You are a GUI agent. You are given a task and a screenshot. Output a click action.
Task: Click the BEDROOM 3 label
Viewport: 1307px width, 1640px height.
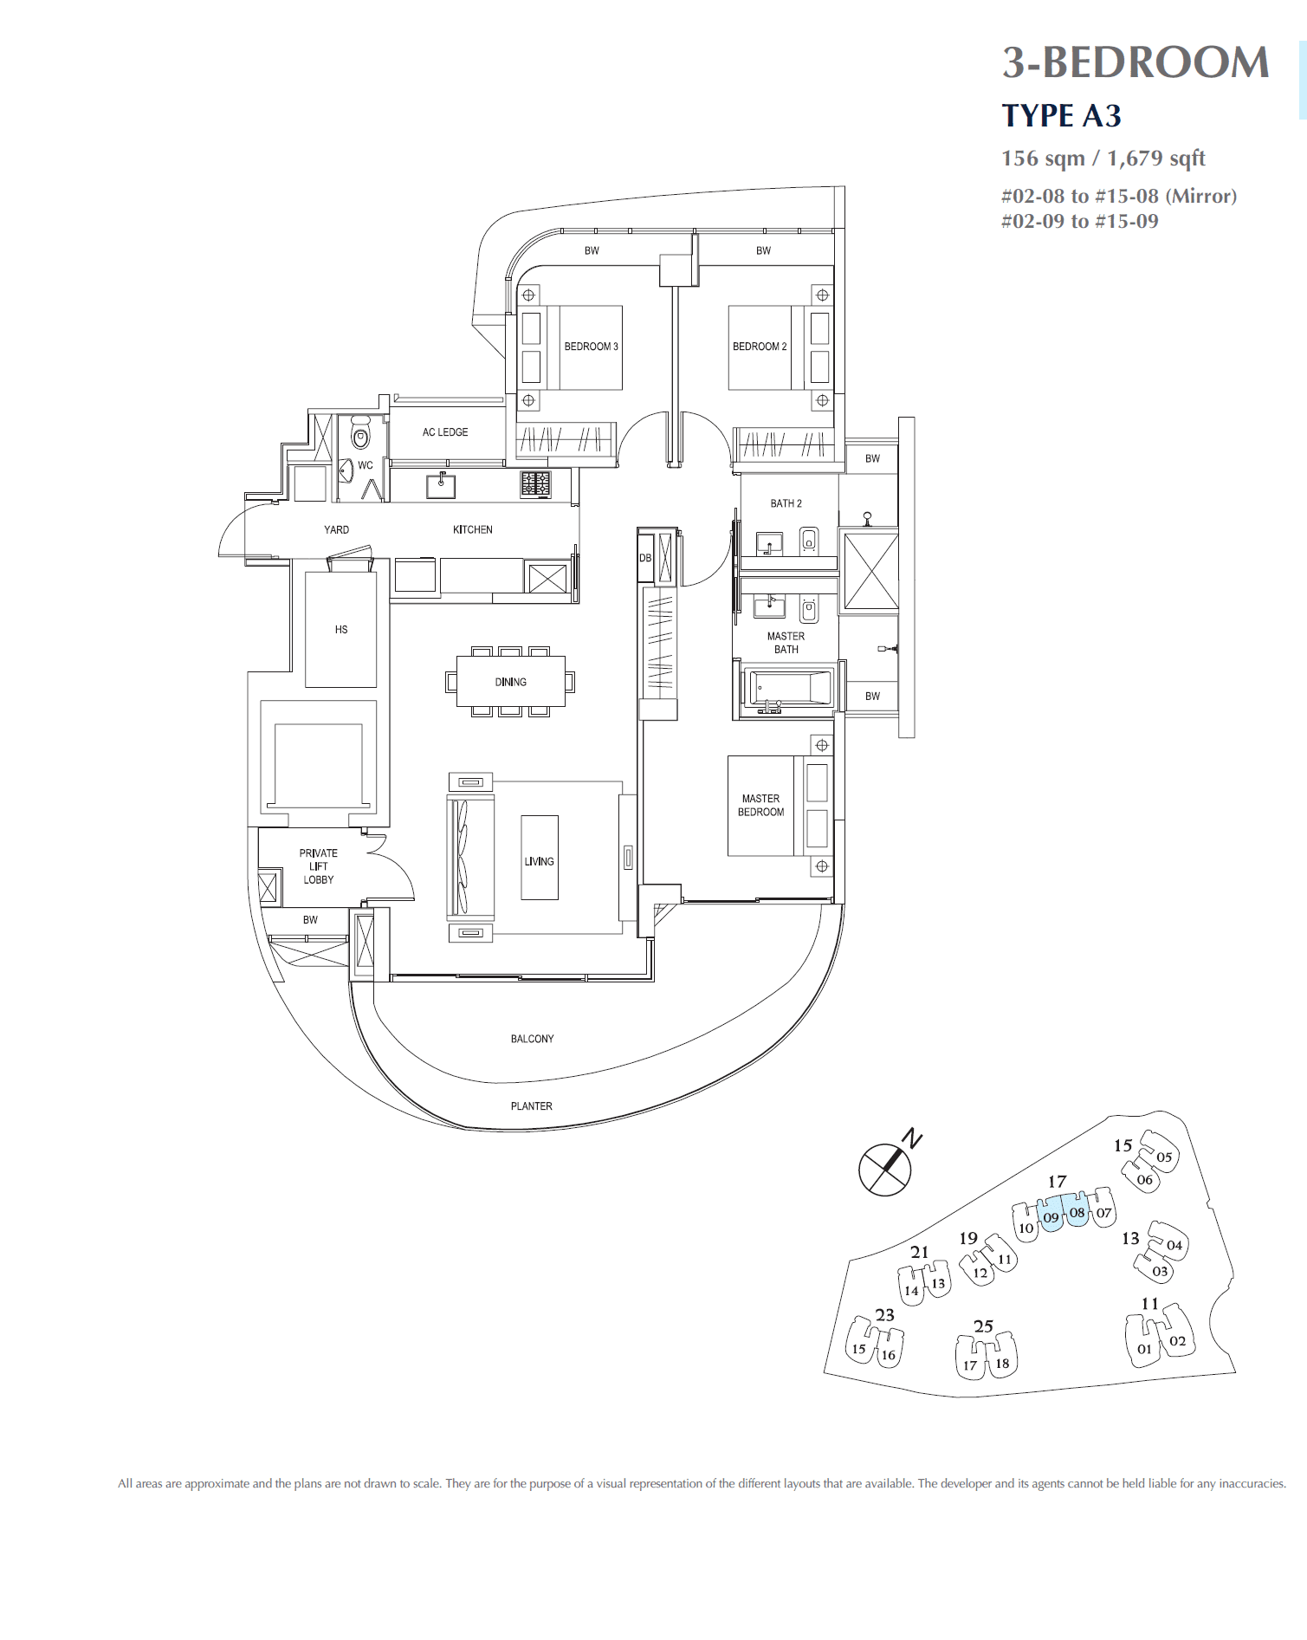tap(591, 347)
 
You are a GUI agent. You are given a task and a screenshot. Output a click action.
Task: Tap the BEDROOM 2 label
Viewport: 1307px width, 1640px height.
tap(760, 347)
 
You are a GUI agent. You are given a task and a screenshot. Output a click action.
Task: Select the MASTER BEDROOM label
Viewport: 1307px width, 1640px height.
tap(760, 806)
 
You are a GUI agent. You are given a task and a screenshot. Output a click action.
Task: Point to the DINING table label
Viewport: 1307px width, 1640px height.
tap(510, 683)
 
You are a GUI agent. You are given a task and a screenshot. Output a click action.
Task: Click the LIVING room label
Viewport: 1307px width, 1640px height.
tap(539, 862)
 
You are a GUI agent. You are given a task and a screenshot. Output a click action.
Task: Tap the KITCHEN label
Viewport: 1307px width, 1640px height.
tap(472, 529)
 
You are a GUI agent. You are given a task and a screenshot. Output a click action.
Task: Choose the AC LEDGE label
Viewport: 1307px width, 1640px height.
tap(445, 432)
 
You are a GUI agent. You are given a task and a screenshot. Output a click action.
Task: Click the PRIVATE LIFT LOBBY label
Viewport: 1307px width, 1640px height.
tap(318, 866)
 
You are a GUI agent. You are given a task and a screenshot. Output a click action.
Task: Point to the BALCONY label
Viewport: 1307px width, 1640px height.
tap(532, 1039)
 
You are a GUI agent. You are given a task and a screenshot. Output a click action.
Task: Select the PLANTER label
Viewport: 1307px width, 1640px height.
tap(531, 1106)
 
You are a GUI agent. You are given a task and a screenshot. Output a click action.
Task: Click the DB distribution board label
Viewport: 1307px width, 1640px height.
tap(644, 558)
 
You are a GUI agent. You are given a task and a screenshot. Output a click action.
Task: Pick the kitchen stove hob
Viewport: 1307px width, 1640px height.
tap(535, 483)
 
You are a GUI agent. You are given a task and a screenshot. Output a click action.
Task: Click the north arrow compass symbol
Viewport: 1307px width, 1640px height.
tap(885, 1169)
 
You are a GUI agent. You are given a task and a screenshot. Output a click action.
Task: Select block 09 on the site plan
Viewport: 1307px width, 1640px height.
tap(1051, 1216)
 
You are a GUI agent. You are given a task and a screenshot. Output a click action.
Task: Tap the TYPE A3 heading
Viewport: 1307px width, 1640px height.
tap(1061, 116)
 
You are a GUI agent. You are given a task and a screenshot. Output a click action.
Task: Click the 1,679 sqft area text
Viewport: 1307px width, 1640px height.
tap(1155, 159)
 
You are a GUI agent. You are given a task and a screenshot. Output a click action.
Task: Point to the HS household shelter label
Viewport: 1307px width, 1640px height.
tap(341, 630)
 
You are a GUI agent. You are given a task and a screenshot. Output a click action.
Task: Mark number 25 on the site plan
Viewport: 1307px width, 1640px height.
tap(983, 1326)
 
